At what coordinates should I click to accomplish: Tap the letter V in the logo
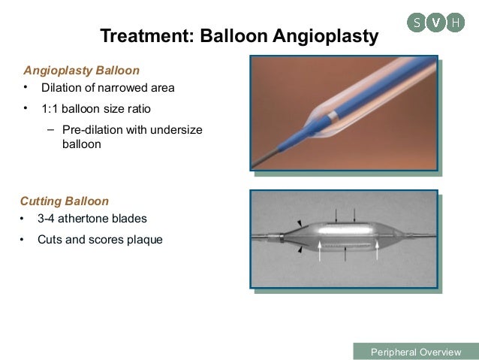tap(435, 23)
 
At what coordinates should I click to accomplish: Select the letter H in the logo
tap(454, 23)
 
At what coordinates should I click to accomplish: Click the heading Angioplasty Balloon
tap(82, 71)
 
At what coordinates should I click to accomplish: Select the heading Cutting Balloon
tap(65, 201)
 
